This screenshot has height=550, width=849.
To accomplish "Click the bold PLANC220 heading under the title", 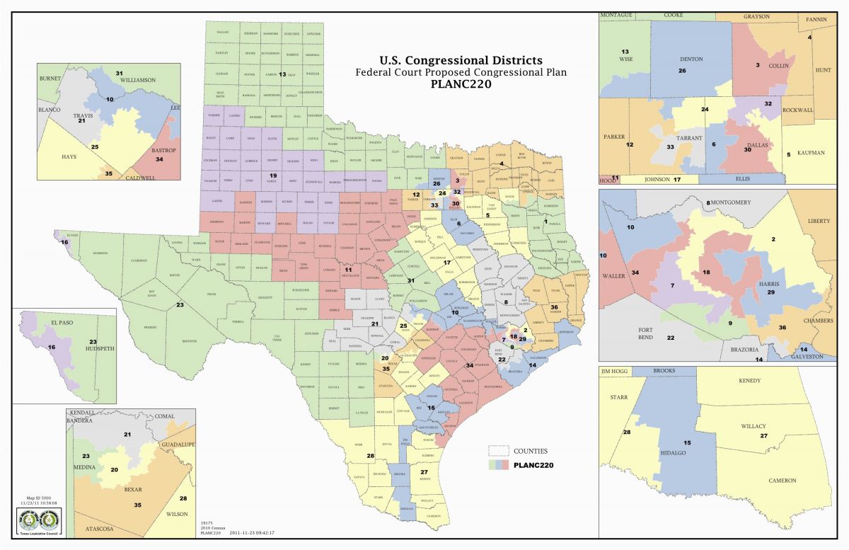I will tap(461, 84).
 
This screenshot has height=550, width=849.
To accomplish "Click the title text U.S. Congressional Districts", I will tap(461, 60).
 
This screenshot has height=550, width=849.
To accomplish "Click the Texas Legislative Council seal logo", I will tap(41, 522).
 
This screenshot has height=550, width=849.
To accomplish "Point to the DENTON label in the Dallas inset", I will tap(691, 59).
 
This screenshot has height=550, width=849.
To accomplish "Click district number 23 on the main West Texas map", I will tap(180, 305).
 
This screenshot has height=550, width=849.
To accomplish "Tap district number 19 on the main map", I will tap(273, 175).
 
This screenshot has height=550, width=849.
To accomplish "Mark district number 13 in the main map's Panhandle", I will tap(282, 74).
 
